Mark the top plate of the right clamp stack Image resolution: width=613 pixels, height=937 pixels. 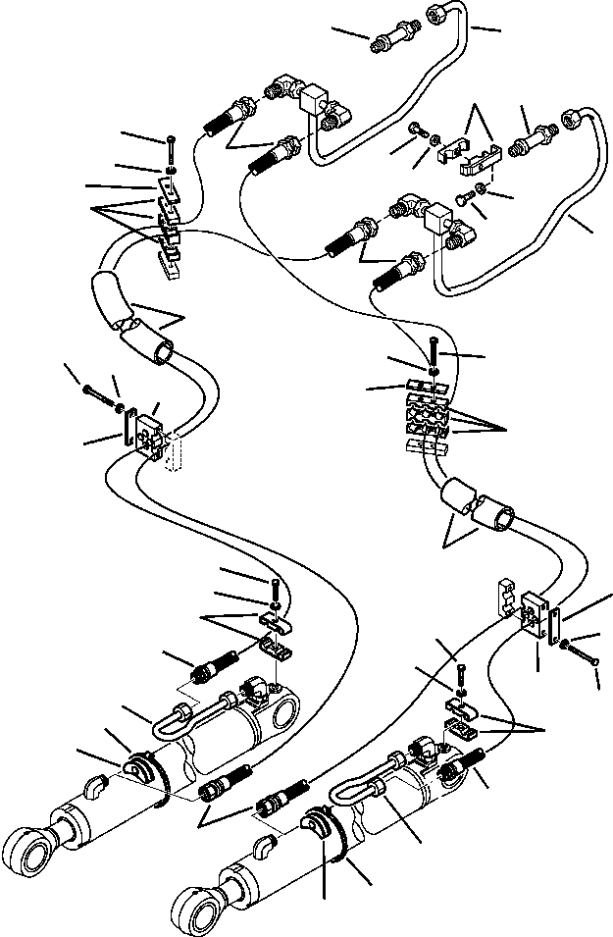(x=428, y=386)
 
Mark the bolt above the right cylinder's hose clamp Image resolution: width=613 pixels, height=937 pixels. (x=461, y=675)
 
